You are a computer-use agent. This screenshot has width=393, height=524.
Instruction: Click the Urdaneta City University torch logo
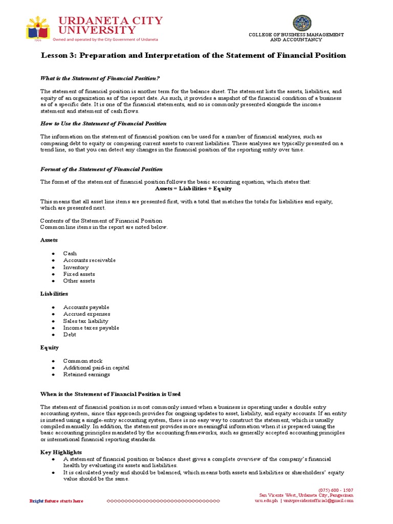click(39, 29)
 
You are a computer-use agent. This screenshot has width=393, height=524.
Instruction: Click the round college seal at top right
click(301, 23)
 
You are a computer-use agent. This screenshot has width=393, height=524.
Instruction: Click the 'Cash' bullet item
click(70, 253)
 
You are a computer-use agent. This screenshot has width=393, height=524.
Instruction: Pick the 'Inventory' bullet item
click(76, 267)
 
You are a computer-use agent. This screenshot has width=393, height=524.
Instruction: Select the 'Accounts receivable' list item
click(89, 260)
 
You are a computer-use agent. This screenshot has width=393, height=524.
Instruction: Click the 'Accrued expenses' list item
click(86, 314)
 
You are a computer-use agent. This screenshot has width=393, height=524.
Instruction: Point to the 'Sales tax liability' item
click(85, 321)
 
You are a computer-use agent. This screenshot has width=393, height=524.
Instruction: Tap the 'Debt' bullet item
click(70, 335)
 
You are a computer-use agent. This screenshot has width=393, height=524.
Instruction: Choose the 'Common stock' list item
click(82, 361)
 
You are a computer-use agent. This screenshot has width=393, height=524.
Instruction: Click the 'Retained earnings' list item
click(86, 375)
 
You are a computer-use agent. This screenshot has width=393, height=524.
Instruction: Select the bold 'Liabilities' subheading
click(54, 294)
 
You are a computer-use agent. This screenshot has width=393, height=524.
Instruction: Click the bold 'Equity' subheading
click(49, 347)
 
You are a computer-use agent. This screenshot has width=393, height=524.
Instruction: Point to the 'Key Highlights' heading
click(61, 452)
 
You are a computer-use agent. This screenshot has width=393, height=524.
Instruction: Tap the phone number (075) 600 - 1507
click(335, 490)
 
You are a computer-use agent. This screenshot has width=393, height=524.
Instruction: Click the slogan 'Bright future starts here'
click(56, 501)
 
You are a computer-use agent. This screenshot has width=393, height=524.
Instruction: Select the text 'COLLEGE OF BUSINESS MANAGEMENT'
click(296, 34)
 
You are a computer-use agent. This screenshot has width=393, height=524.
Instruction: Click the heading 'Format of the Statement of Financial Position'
click(101, 169)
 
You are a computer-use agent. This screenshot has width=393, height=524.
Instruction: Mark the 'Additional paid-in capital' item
click(96, 367)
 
